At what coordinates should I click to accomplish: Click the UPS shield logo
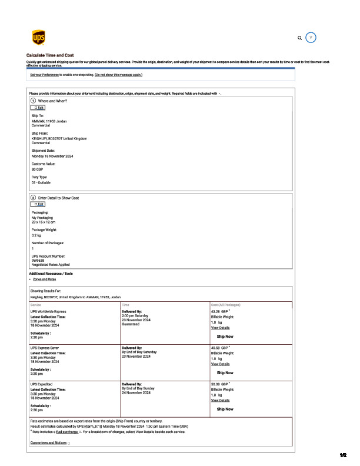click(38, 38)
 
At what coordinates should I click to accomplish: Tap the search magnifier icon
click(300, 38)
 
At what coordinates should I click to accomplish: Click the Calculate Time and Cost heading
click(50, 55)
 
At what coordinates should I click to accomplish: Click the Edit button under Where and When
click(38, 108)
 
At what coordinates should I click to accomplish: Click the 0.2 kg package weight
click(36, 235)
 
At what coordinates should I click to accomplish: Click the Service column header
click(36, 305)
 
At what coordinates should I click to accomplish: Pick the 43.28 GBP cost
click(219, 312)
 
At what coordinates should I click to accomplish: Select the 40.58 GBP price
click(219, 348)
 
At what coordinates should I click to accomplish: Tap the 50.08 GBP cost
click(219, 384)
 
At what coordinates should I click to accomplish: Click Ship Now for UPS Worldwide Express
click(225, 337)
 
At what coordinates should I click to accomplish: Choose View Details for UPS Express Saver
click(220, 364)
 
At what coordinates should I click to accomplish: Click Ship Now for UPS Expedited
click(225, 409)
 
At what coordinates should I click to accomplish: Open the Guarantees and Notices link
click(48, 442)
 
